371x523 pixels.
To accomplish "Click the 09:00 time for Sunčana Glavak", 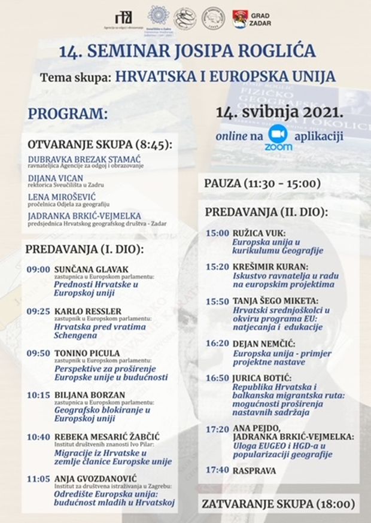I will tap(38, 269).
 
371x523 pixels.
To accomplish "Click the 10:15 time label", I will tap(38, 395).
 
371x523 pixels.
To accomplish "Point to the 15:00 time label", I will tap(217, 233).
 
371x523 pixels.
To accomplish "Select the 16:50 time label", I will tap(217, 378).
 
